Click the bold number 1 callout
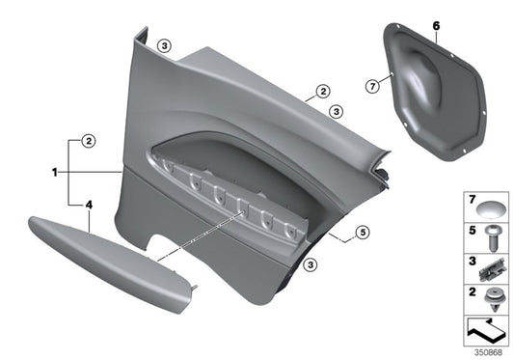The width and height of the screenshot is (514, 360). point(56,173)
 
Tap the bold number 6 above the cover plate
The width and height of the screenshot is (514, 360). point(435,22)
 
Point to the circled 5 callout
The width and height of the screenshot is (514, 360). point(363,232)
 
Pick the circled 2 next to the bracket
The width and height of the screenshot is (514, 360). point(88,141)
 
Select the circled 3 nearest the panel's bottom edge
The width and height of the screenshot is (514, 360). point(311,264)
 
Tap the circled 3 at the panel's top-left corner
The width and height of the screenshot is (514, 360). point(165,45)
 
